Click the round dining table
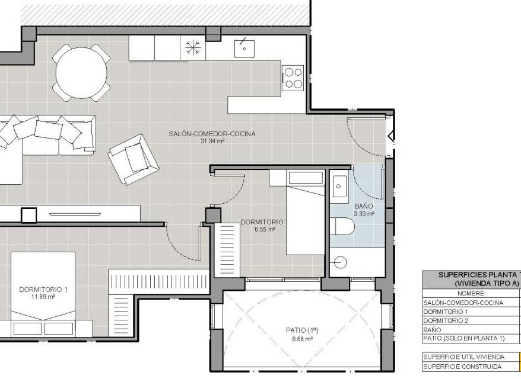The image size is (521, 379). (81, 73)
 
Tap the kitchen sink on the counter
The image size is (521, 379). (244, 49)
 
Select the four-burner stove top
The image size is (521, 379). (293, 78)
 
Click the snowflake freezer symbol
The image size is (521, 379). (193, 47)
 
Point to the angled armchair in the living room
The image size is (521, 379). (134, 159)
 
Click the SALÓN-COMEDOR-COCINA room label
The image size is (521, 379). (212, 134)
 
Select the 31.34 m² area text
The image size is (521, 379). (212, 142)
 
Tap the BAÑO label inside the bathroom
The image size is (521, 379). (364, 206)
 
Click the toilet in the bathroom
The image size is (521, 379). (342, 226)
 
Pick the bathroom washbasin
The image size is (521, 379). (339, 187)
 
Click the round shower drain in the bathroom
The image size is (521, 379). (340, 262)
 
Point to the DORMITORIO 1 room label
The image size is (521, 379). (43, 290)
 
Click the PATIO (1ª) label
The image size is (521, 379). (302, 330)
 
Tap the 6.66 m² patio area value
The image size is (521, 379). (303, 339)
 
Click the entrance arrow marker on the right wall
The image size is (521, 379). (391, 136)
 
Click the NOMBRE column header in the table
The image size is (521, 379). (471, 294)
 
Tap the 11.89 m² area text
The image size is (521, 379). (43, 297)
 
